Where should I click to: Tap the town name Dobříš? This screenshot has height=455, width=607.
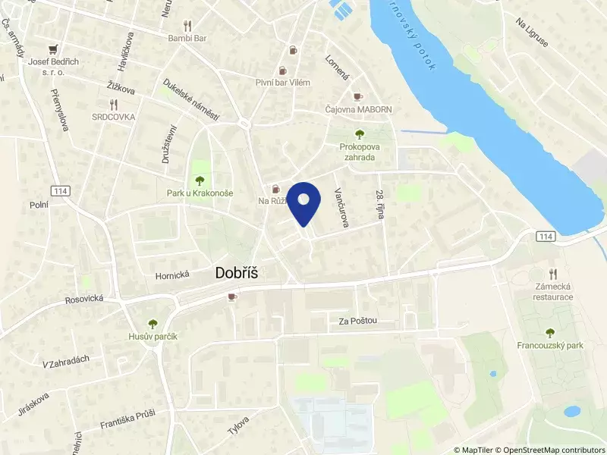tap(237, 274)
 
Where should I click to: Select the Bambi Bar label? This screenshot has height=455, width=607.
tap(187, 37)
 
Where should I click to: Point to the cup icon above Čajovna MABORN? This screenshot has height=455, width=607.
tap(358, 96)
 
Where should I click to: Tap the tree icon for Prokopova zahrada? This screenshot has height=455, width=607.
tap(359, 134)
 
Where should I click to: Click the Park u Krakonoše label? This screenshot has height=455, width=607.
tap(200, 193)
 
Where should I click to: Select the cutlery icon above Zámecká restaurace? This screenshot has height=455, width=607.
tap(553, 273)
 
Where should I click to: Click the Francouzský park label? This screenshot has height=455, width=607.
tap(550, 346)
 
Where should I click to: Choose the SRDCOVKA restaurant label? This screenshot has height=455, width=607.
tap(114, 117)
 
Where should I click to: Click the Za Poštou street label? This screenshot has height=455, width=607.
tap(358, 322)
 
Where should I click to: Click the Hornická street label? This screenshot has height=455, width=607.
tap(171, 276)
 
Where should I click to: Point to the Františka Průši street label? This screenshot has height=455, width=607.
tap(127, 419)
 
